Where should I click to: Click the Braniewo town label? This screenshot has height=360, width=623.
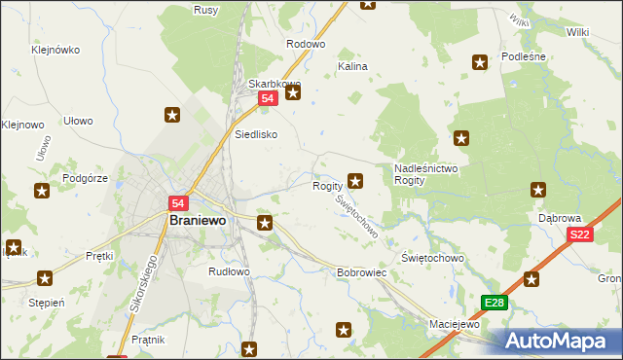[x=198, y=221]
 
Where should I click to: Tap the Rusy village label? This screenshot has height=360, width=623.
[x=205, y=10]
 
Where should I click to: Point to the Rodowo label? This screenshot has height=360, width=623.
[x=305, y=45]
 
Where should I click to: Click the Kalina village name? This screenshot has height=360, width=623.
[x=351, y=67]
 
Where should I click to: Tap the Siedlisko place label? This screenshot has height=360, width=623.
[x=257, y=134]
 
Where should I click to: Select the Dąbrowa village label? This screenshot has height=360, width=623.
[x=560, y=219]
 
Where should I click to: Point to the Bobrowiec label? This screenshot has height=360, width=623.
[x=362, y=273]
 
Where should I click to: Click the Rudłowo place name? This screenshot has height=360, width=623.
[x=230, y=272]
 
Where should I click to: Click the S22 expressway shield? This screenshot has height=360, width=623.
[x=580, y=234]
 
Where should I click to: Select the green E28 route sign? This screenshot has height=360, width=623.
[x=494, y=303]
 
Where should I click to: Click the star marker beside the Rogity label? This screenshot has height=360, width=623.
[x=356, y=180]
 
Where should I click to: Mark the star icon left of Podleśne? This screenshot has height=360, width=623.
[x=480, y=63]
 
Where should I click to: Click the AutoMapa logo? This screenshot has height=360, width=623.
[x=558, y=341]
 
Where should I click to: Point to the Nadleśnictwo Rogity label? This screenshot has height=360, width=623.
[x=425, y=174]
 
